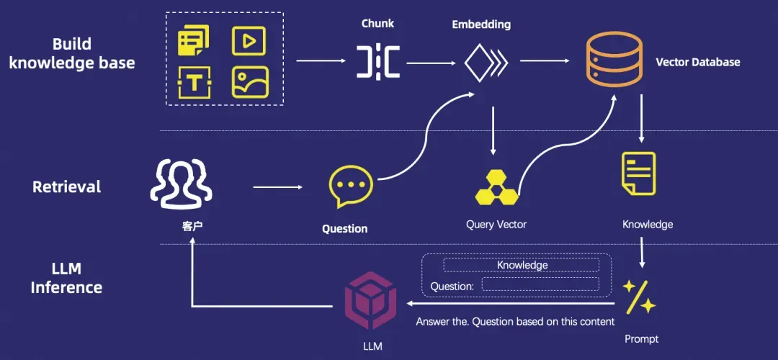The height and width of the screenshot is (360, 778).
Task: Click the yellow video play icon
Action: pos(249,40)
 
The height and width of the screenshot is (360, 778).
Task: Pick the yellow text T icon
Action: pos(193,83)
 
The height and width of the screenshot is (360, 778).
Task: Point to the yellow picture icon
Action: pos(249,83)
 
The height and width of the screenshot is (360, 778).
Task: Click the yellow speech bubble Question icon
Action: pos(350,186)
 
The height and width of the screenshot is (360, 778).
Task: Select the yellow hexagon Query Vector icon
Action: pos(496,188)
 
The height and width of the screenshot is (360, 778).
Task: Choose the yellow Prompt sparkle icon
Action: pos(639,297)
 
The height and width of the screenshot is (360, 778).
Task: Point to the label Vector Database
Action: pos(697,62)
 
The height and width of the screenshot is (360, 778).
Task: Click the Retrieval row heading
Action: pos(67,187)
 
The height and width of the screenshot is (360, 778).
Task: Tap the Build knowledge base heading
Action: pos(71,53)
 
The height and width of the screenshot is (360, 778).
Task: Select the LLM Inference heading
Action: pos(66,279)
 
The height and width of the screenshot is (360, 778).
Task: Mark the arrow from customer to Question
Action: pos(277,187)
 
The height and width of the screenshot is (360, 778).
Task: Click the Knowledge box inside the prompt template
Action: pos(522,265)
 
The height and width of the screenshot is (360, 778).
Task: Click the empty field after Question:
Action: pos(540,284)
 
